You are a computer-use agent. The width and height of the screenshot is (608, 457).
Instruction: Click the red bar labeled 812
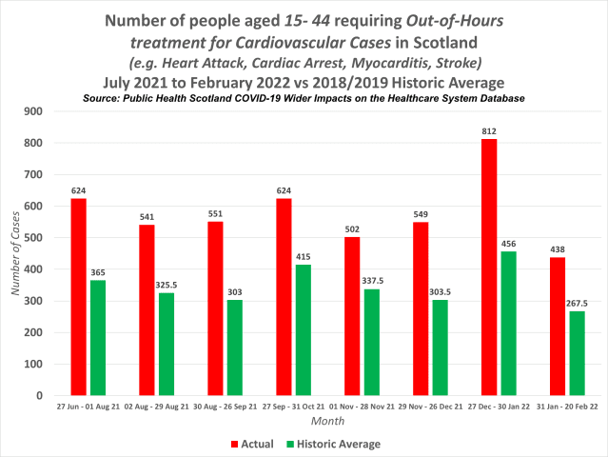coord(488,268)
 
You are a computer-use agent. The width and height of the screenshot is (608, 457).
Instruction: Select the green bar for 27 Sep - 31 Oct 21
coord(304,329)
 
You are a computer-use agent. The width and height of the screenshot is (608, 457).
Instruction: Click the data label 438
coord(557,249)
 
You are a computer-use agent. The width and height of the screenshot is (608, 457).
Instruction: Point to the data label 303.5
coord(441,291)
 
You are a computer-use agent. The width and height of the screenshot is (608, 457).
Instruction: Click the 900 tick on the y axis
coord(39,111)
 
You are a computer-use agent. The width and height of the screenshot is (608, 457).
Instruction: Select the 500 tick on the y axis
coord(39,238)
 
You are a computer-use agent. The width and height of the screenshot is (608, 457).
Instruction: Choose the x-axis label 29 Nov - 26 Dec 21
coord(430,406)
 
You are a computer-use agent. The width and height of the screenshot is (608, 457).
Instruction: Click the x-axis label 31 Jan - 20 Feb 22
coord(567,406)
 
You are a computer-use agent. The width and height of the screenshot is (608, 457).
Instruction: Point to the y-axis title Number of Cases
coord(16,252)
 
